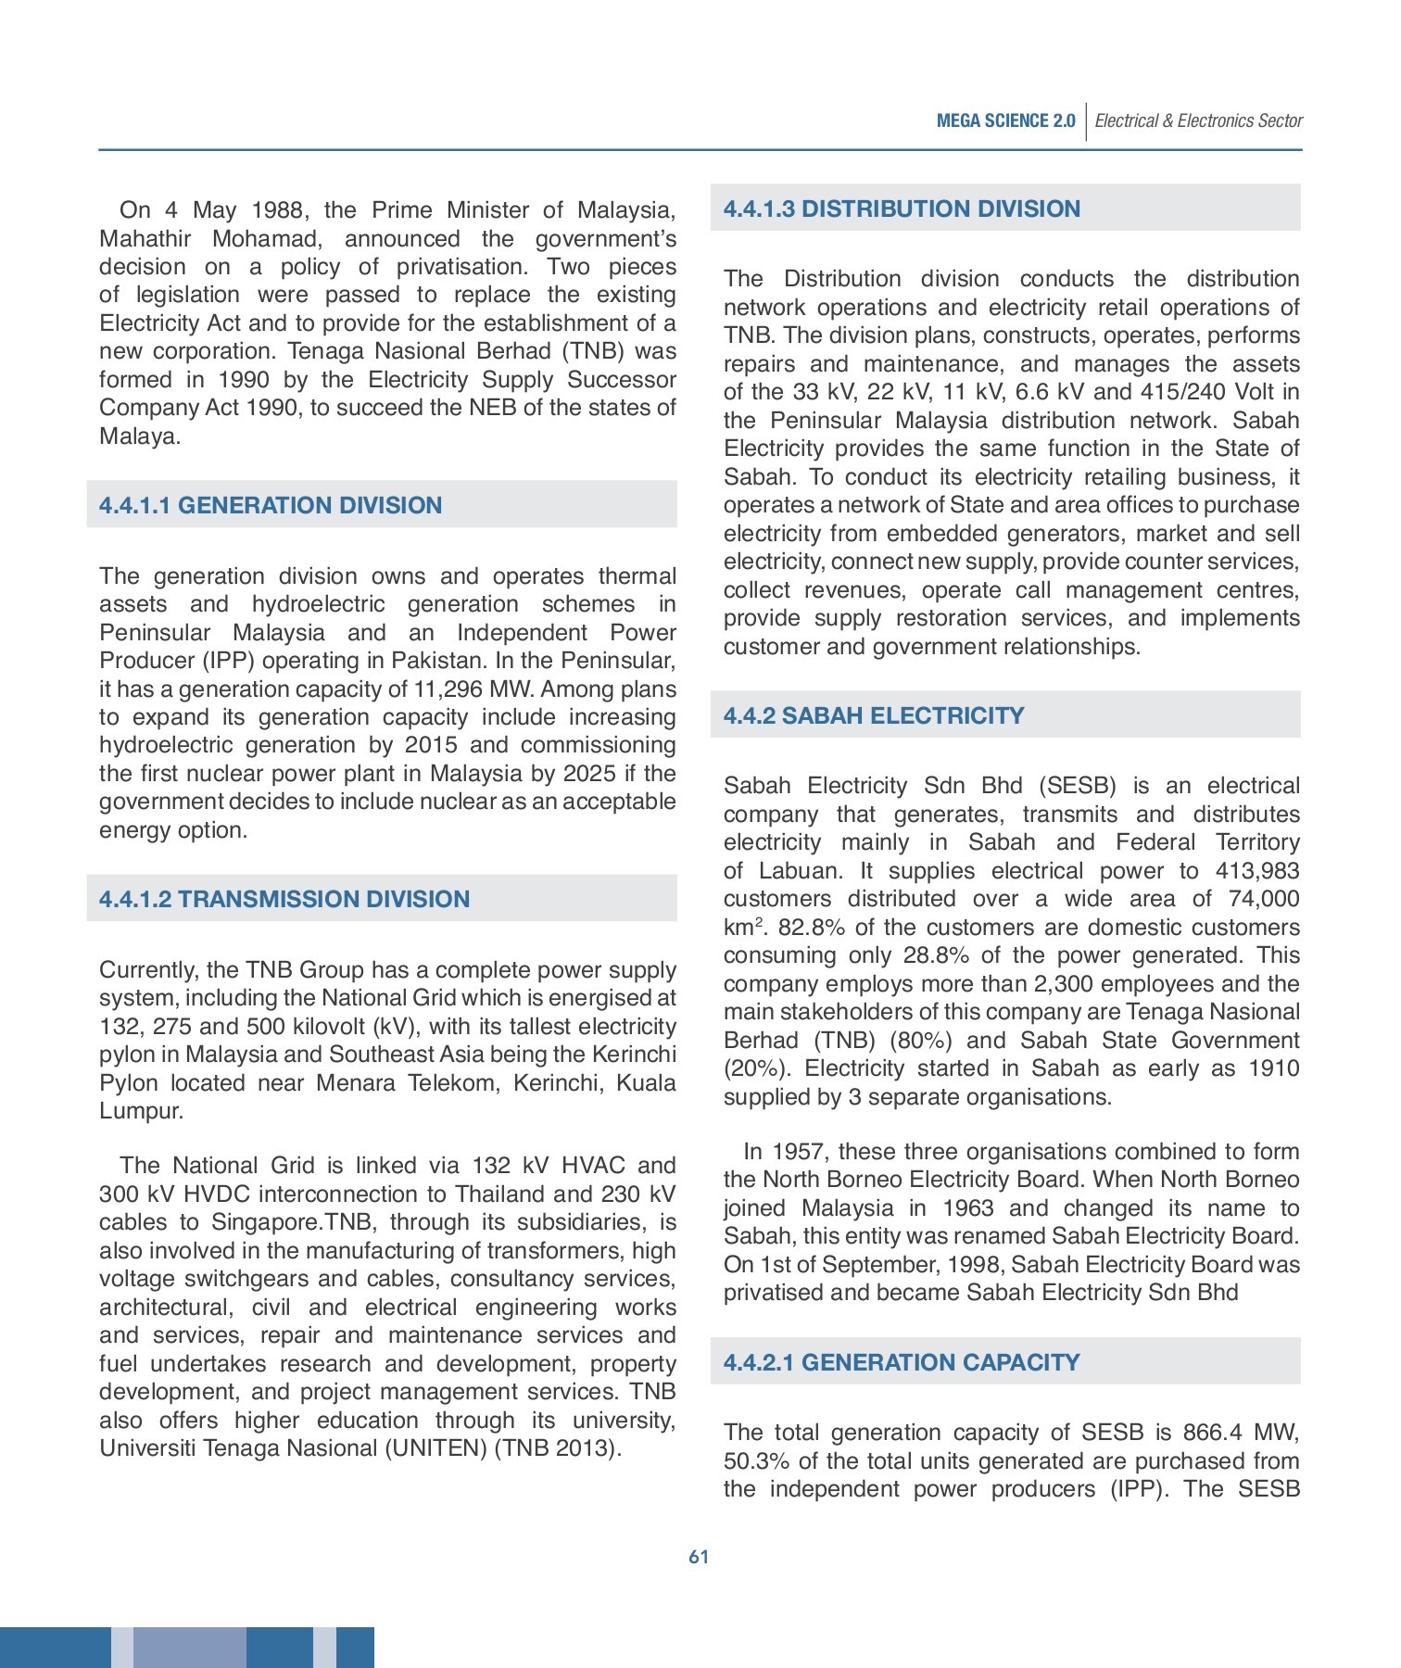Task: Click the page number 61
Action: point(699,1557)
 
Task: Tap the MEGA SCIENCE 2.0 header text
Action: point(1005,120)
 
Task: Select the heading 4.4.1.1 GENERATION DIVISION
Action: point(271,505)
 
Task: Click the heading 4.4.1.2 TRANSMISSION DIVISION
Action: point(284,899)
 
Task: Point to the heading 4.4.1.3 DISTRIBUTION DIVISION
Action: point(902,208)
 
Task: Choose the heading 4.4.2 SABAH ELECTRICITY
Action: point(874,715)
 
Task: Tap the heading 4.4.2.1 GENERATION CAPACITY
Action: point(902,1362)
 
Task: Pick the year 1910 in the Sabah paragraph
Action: point(1273,1068)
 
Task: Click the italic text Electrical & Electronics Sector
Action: point(1198,120)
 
